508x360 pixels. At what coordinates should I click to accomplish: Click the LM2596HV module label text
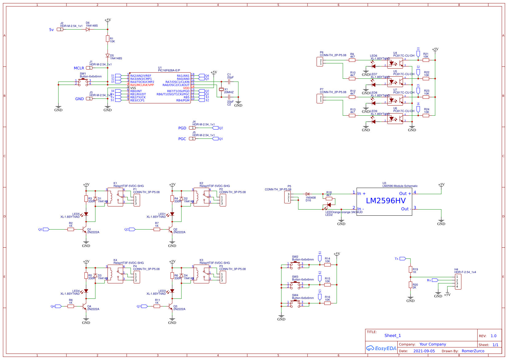[386, 201]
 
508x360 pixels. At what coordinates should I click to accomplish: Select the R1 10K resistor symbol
[107, 38]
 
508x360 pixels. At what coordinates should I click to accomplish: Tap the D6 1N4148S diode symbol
[88, 30]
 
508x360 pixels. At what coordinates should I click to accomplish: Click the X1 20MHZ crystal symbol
[221, 90]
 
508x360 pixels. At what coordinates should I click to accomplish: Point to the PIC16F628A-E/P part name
[169, 70]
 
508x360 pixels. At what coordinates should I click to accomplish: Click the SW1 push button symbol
[82, 82]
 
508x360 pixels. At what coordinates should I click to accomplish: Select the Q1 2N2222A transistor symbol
[85, 230]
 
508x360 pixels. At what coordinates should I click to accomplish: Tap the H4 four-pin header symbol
[458, 282]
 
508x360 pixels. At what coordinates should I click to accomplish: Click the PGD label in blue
[182, 128]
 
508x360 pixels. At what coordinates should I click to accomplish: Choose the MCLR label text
[79, 68]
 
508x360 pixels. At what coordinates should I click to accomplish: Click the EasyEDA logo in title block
[381, 348]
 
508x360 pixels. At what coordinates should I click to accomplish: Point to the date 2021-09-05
[424, 351]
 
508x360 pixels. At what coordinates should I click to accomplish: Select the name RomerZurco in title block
[473, 351]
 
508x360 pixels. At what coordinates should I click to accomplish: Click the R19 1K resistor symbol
[410, 270]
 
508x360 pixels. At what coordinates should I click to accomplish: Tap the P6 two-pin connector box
[320, 62]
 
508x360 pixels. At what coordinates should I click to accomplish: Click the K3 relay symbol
[201, 274]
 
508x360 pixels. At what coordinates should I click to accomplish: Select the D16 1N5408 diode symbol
[308, 194]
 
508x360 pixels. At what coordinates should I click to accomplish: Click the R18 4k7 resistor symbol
[329, 199]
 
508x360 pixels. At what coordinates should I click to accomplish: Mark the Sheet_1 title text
[392, 336]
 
